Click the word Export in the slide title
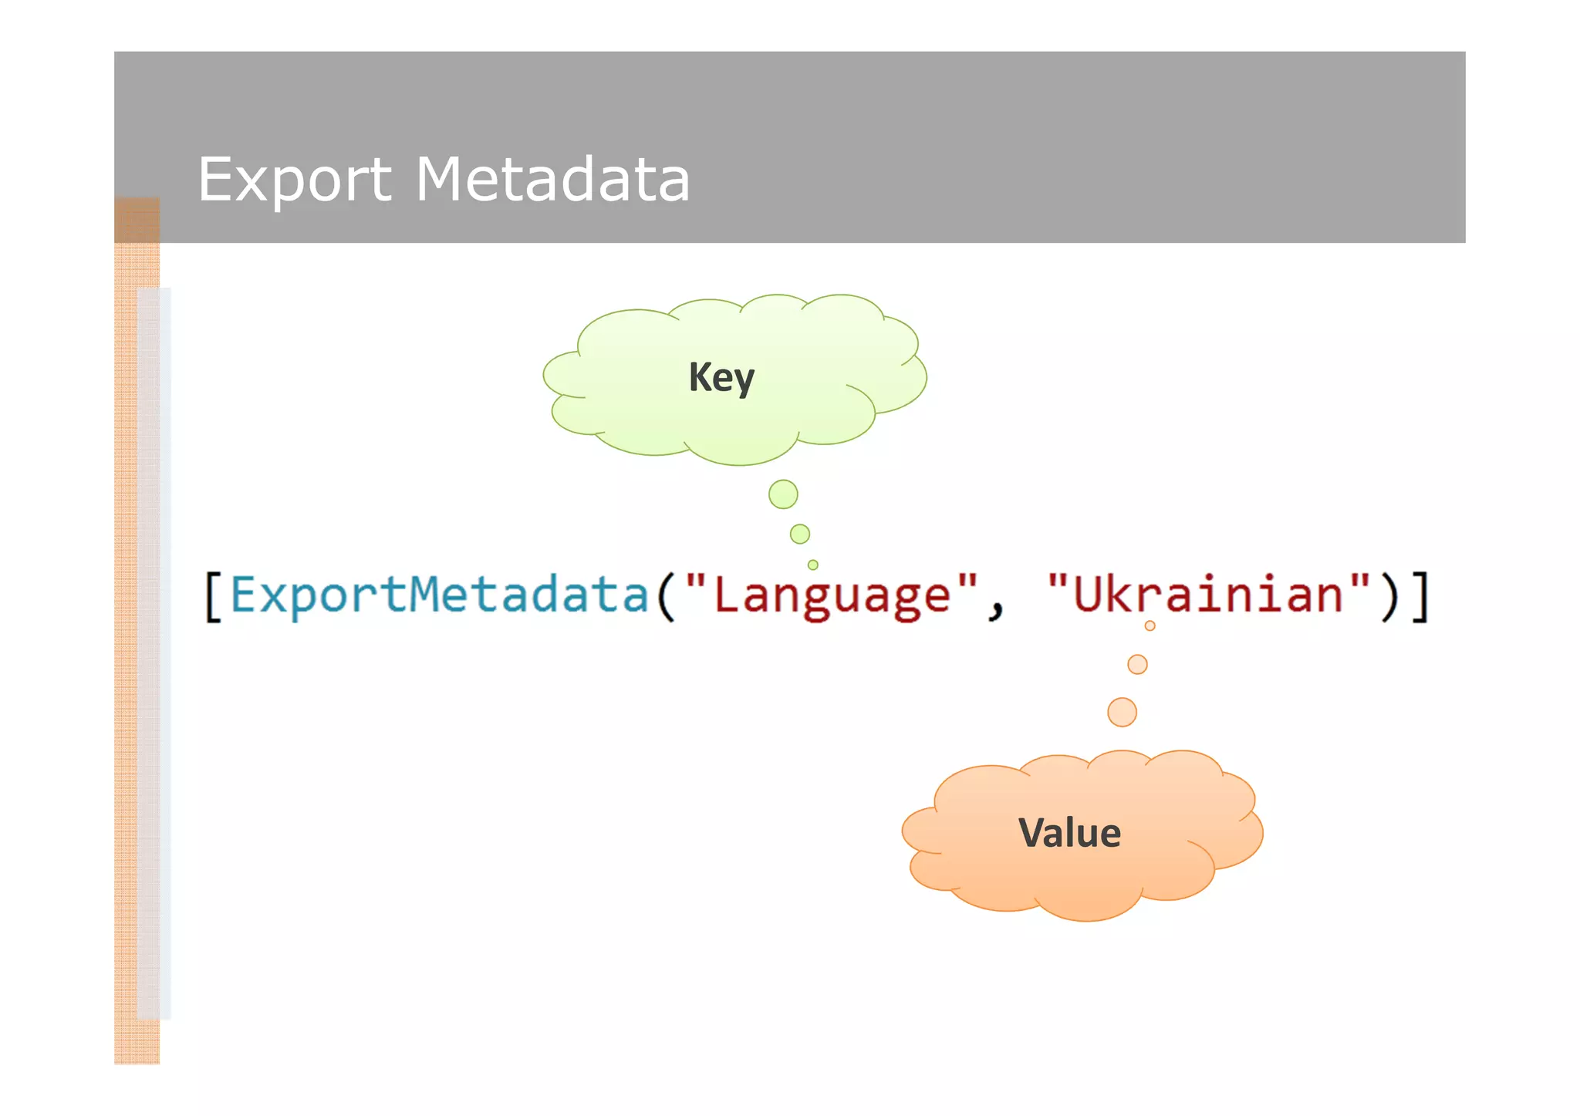[294, 180]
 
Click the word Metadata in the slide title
[552, 180]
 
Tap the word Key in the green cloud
[721, 378]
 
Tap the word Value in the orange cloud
[1069, 833]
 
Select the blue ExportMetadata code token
[440, 595]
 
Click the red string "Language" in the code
[832, 595]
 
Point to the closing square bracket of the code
[1421, 595]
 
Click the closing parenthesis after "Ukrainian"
[1389, 595]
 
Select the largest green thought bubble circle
[783, 494]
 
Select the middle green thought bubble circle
[800, 534]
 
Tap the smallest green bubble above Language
[813, 565]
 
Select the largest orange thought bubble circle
[1122, 712]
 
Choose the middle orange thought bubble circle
[1137, 664]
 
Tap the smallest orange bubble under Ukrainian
[1150, 626]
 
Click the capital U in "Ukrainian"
[1088, 595]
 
